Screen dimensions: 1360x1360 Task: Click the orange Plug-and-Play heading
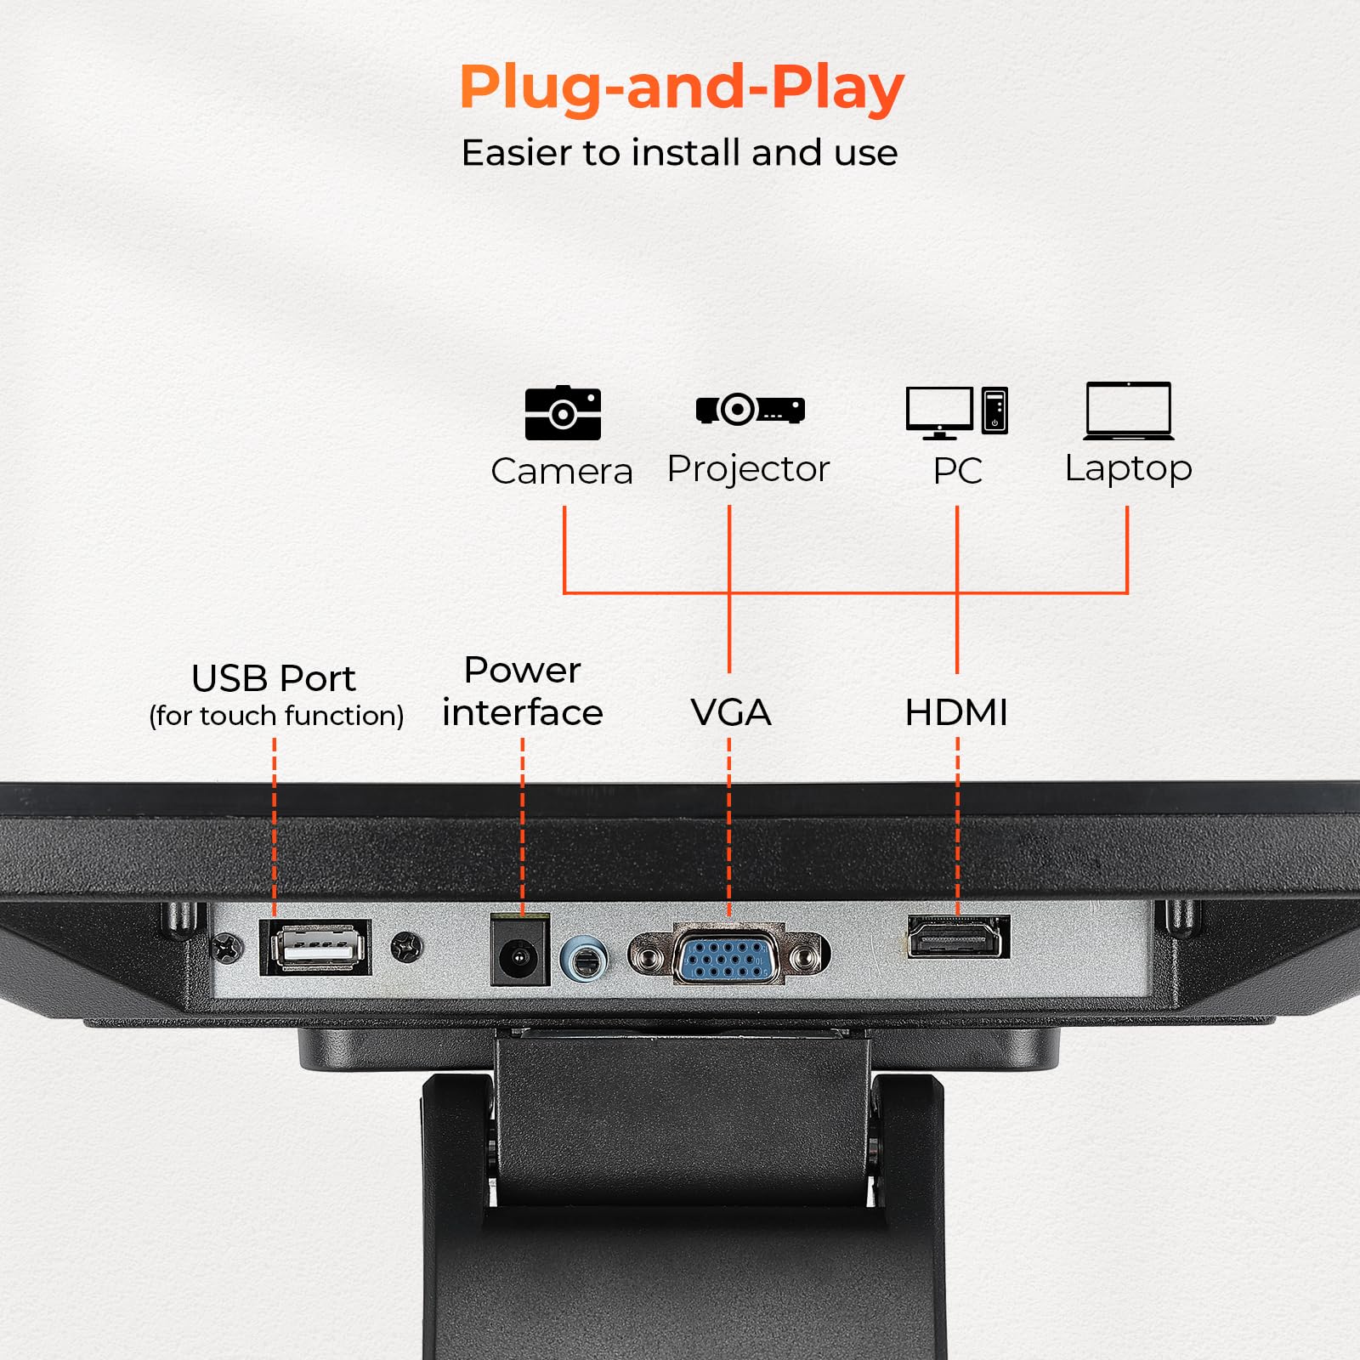(681, 88)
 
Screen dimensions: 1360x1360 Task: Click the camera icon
(563, 413)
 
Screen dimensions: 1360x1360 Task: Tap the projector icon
(750, 409)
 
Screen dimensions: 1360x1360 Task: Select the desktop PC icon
(956, 412)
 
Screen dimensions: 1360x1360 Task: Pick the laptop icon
(1128, 411)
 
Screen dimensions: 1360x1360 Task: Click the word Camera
(562, 472)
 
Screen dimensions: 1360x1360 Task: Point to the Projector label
(748, 469)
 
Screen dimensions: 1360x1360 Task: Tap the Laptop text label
(1128, 468)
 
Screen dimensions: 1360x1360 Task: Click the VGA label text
(730, 712)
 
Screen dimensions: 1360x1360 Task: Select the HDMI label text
(956, 712)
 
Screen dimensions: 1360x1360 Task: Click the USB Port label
(274, 678)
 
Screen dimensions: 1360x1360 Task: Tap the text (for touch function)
(276, 716)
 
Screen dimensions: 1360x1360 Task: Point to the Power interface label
(522, 691)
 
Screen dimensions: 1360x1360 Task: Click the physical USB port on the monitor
(316, 946)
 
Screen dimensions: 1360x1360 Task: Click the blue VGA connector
(728, 956)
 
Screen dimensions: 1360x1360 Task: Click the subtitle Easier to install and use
(679, 154)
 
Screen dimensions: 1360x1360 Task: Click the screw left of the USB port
(227, 947)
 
